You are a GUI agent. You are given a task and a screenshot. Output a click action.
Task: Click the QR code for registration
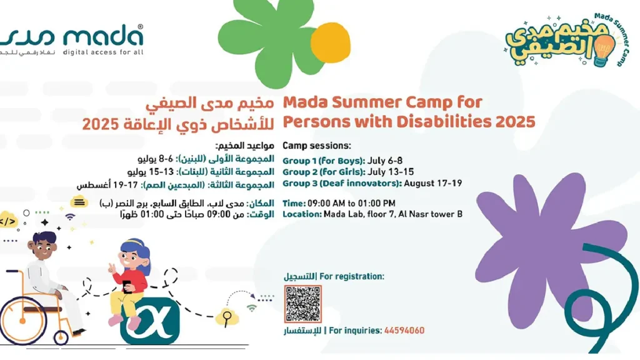(x=303, y=304)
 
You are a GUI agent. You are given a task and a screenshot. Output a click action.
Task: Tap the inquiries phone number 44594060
(x=404, y=331)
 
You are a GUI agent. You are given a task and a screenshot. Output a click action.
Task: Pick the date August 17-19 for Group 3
(x=433, y=183)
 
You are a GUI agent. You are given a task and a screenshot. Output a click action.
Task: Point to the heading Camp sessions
(x=317, y=145)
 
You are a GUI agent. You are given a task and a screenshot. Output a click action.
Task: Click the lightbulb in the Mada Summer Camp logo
(x=604, y=49)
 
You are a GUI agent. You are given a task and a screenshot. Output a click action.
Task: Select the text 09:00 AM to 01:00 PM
(x=351, y=204)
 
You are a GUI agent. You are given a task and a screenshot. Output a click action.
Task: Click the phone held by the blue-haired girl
(x=126, y=286)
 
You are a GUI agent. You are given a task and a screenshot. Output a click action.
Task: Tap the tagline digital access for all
(x=103, y=52)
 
